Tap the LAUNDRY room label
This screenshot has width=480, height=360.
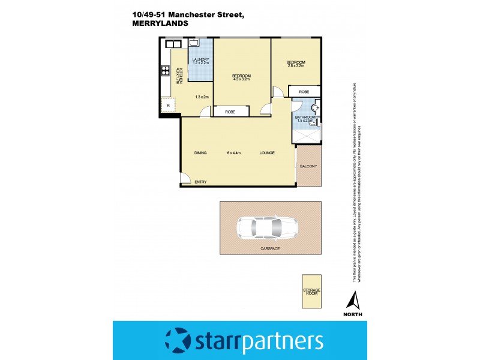(200, 59)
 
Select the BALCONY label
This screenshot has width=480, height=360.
(308, 166)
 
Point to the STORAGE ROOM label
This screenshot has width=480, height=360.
(311, 292)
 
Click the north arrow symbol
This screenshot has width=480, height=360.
(354, 299)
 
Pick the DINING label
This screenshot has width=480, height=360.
(200, 153)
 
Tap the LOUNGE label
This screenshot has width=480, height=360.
(267, 153)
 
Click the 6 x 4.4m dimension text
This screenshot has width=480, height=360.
(234, 153)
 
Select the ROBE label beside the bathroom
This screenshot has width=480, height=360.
(304, 92)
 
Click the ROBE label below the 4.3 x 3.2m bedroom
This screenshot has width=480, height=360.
(230, 112)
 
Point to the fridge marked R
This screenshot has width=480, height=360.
(169, 106)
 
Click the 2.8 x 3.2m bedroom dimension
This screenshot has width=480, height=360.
(296, 66)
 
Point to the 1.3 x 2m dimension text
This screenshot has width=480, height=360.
(202, 97)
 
